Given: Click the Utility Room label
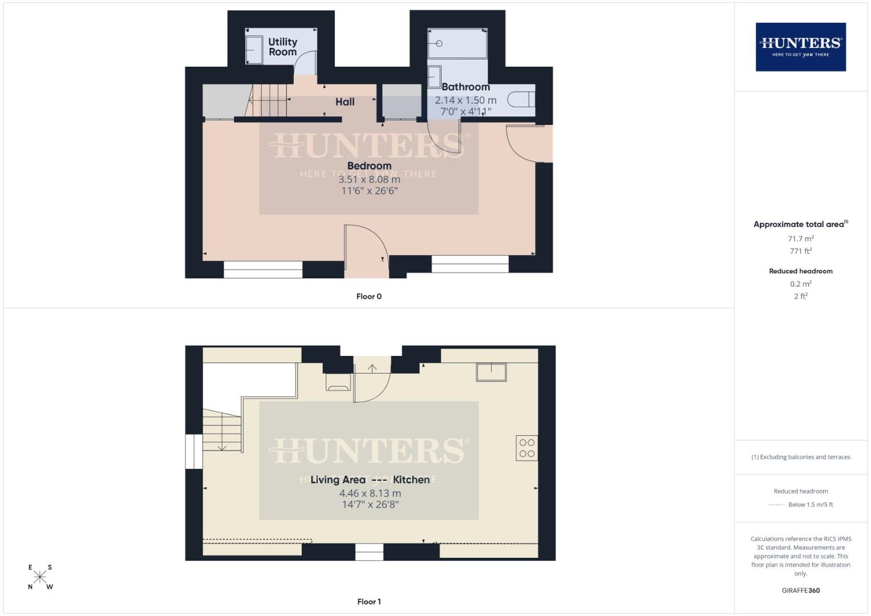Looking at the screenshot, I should click(282, 47).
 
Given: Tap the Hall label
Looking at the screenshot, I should click(345, 102).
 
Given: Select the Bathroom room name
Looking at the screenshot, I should click(465, 87).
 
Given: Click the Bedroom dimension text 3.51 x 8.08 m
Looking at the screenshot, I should click(369, 179).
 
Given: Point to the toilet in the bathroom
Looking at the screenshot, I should click(521, 100).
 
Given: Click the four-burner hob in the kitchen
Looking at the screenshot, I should click(526, 448).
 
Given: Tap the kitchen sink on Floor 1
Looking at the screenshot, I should click(491, 372).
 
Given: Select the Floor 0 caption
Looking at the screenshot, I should click(368, 297).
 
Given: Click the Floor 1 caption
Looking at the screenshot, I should click(368, 602).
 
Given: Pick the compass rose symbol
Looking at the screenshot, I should click(40, 577).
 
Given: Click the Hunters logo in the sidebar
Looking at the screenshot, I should click(800, 47).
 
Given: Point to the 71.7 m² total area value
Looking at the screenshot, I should click(800, 239).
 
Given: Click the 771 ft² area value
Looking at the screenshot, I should click(800, 251).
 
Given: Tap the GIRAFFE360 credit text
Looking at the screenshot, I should click(800, 591).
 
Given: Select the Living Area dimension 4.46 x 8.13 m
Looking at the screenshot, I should click(370, 493).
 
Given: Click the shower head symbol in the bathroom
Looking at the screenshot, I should click(439, 43).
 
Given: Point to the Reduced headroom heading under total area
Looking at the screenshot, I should click(800, 271).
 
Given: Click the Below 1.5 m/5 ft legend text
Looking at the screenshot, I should click(810, 505).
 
